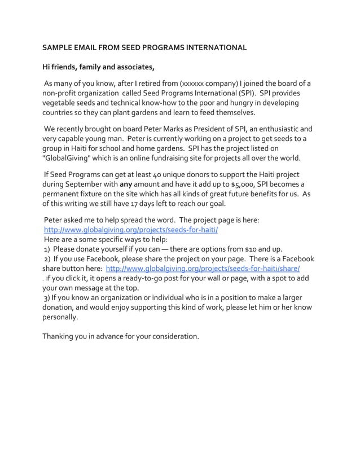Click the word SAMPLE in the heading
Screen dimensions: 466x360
click(59, 47)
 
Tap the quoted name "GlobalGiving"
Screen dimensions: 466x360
click(69, 159)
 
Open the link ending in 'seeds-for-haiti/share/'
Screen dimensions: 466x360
click(203, 269)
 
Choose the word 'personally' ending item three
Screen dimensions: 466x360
click(60, 317)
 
